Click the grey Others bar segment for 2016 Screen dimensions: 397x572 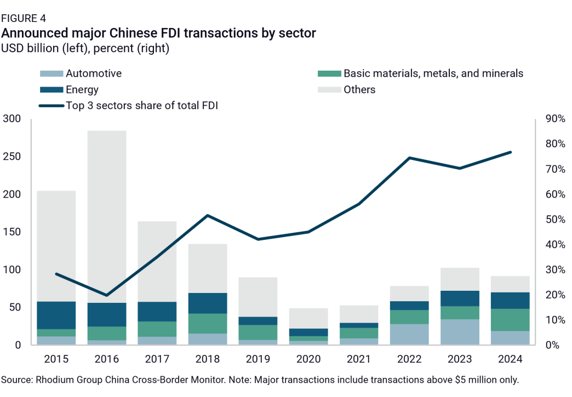(x=107, y=216)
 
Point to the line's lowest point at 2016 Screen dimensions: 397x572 (x=107, y=295)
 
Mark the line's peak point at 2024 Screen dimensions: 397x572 (x=511, y=152)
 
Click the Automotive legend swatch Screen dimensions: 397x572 (x=51, y=73)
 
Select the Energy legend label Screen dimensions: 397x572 (x=82, y=90)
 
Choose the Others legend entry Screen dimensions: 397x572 (x=359, y=90)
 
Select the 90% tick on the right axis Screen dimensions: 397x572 (x=553, y=119)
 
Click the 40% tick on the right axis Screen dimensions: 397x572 (x=553, y=245)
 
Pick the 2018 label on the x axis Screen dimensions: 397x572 (x=207, y=359)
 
